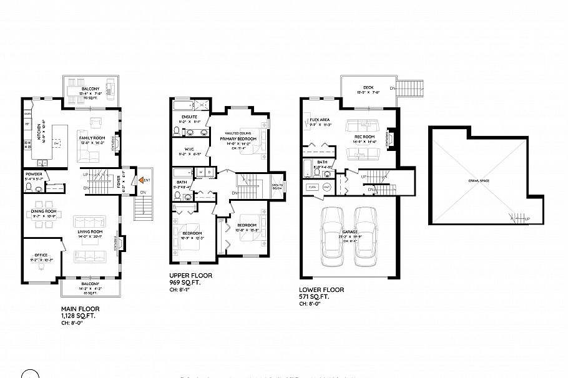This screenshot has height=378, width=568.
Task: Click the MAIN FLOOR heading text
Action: click(80, 309)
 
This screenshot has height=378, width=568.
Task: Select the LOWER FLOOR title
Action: click(321, 289)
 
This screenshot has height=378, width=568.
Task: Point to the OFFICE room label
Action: click(41, 254)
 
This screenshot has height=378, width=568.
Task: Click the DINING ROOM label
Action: click(44, 211)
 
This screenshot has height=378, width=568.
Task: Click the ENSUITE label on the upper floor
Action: click(189, 116)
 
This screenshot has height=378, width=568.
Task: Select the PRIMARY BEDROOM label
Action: click(238, 139)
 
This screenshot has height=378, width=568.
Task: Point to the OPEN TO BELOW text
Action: click(277, 186)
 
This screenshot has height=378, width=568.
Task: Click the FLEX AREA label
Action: click(320, 119)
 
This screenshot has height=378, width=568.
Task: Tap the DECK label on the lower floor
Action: click(368, 87)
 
